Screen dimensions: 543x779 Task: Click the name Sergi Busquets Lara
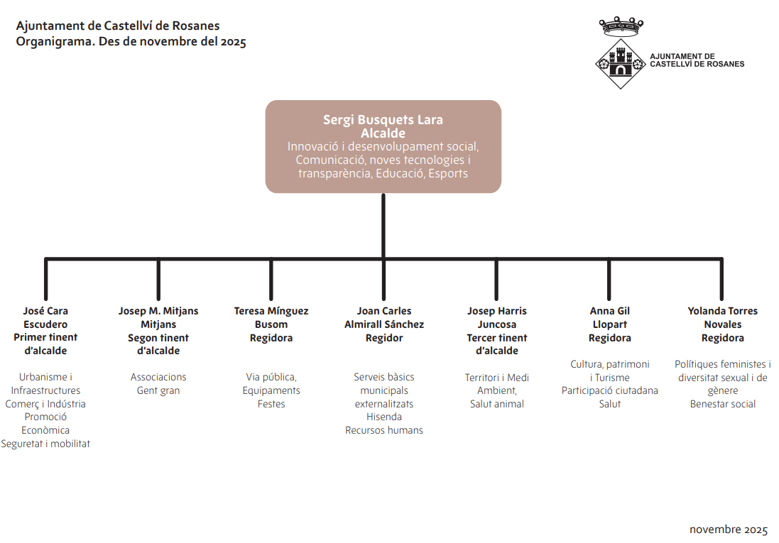[x=383, y=119]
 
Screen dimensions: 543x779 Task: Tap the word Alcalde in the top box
[x=383, y=133]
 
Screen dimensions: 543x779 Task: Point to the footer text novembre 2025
[x=729, y=530]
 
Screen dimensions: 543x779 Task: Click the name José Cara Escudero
[x=45, y=317]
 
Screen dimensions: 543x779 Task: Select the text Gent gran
[x=158, y=390]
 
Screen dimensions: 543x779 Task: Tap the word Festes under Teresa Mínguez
[x=271, y=404]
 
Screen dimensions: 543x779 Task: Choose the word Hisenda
[x=383, y=417]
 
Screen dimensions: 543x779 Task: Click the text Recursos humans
[x=383, y=430]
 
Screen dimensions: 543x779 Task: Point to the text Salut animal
[x=496, y=404]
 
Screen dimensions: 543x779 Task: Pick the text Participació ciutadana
[x=609, y=390]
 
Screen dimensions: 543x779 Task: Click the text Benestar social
[x=722, y=404]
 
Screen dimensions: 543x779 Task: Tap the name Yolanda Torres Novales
[x=722, y=317]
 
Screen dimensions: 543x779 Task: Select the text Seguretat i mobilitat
[x=45, y=444]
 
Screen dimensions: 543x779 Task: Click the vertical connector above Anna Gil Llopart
[x=609, y=280]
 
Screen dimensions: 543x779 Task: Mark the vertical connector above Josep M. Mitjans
[x=158, y=280]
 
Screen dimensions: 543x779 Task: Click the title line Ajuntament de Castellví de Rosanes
[x=118, y=26]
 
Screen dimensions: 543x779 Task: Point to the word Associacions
[x=158, y=377]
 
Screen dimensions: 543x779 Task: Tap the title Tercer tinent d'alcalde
[x=496, y=344]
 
